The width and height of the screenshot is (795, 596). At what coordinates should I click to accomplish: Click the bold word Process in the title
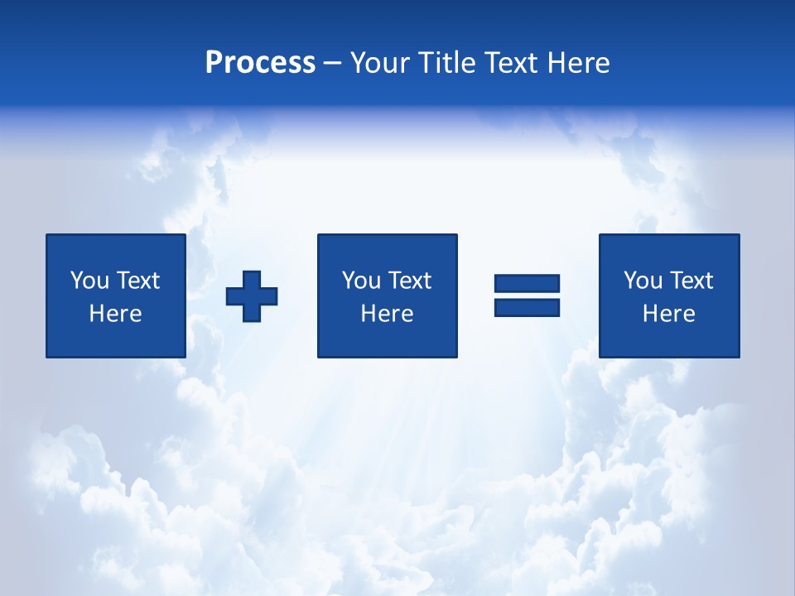coord(260,63)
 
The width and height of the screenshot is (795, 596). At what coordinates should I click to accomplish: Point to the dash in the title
coord(332,64)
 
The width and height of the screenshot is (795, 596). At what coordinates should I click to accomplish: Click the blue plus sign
coord(252,296)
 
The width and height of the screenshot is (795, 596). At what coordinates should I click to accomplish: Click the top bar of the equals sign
coord(527,283)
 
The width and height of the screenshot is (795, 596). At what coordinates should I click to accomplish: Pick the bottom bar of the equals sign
coord(527,307)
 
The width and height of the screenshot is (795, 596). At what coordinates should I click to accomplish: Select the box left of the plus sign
coord(116,296)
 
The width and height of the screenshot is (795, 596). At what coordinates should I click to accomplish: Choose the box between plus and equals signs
coord(387,296)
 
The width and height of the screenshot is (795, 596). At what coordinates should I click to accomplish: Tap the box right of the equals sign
coord(669,296)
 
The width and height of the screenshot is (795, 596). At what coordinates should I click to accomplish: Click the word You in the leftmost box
coord(89,281)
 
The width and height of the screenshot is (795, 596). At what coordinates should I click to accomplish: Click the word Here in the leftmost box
coord(116,314)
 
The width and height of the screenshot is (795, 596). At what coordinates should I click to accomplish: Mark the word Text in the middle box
coord(409,281)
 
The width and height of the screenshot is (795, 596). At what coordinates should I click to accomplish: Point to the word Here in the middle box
coord(388,314)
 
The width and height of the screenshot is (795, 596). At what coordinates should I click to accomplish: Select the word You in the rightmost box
coord(643,281)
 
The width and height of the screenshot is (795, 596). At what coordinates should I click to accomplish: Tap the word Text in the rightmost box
coord(691,281)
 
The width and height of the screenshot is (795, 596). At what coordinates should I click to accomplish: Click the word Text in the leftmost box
coord(137,281)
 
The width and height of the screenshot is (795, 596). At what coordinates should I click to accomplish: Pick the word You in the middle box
coord(361,281)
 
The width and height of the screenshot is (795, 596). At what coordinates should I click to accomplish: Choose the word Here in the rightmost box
coord(669,314)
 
